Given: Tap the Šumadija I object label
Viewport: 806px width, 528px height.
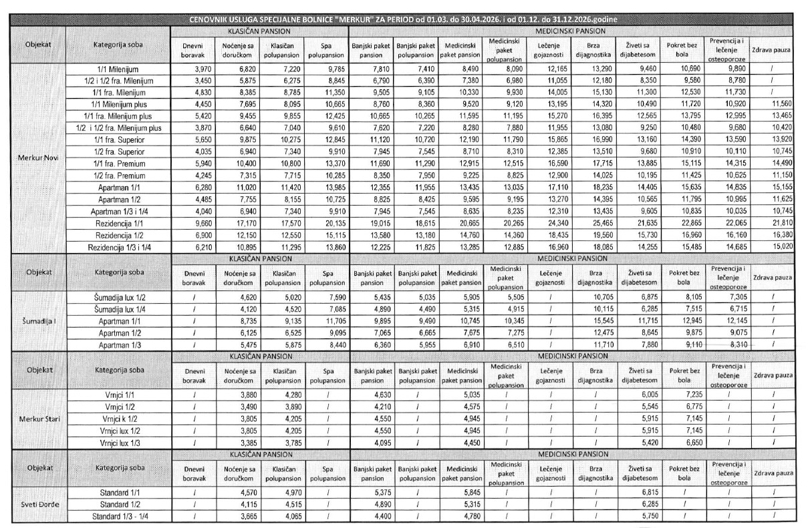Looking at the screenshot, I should tap(37, 320).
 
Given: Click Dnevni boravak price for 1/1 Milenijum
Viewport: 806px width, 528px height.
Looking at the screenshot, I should tap(193, 69).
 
